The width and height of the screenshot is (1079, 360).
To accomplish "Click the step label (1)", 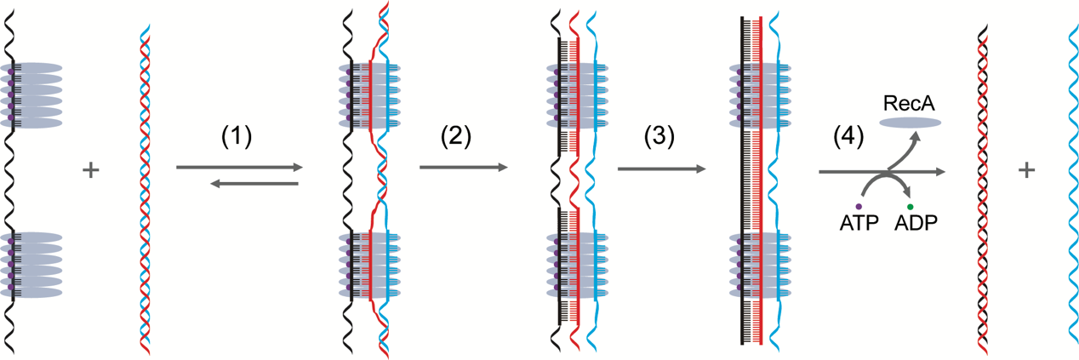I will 237,138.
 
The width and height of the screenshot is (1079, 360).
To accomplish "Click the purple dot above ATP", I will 858,206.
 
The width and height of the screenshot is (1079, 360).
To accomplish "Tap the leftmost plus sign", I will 91,171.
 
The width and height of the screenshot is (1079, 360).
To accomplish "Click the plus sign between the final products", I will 1027,171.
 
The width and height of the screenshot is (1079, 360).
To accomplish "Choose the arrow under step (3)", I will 661,169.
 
